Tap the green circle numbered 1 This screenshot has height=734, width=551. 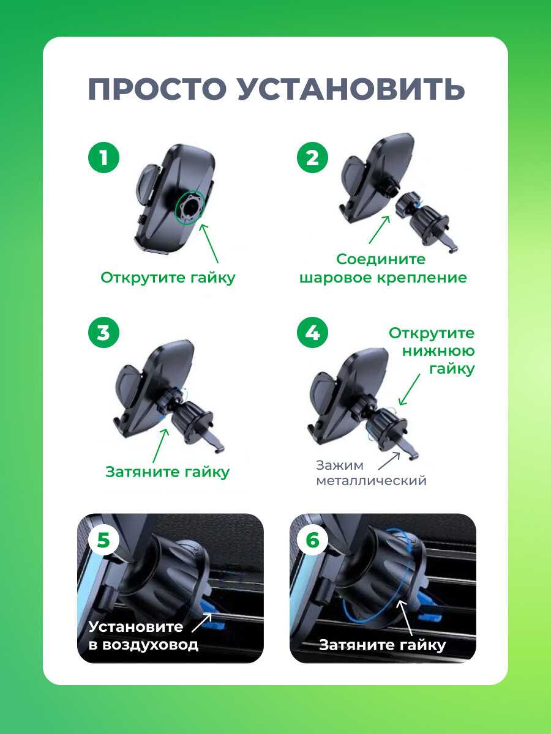103,158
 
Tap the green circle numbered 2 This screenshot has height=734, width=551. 312,158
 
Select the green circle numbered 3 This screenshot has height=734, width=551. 103,333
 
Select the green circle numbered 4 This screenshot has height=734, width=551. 312,333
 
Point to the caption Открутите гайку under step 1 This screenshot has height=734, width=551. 168,278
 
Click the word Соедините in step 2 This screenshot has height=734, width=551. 381,259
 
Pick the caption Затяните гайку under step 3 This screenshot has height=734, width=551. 168,472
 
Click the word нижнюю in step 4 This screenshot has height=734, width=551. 438,351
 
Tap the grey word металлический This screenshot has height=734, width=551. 372,481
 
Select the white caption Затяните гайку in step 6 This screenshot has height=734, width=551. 383,645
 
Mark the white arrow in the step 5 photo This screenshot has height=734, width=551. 202,622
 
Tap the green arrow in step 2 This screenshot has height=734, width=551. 380,229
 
